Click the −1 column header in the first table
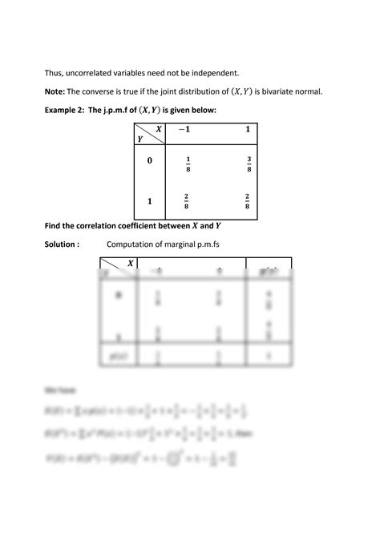186,130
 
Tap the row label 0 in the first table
149,161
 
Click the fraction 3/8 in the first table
249,164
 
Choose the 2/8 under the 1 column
249,201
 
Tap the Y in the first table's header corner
142,137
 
